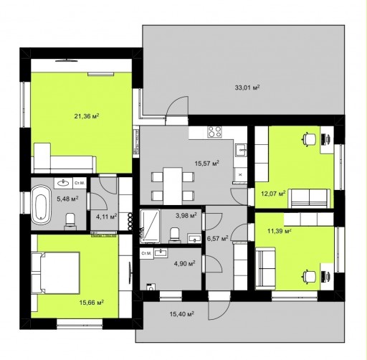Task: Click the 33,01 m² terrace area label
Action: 247,87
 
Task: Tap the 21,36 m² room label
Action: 87,116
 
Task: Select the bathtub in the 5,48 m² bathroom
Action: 41,204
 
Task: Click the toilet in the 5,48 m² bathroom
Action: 70,219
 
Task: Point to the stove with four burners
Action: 214,132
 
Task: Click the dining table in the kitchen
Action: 173,186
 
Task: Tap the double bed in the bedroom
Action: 55,273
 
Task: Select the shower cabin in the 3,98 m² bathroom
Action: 150,226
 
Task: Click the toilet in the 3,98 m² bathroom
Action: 174,234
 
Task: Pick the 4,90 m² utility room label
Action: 184,263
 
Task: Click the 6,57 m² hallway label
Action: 217,238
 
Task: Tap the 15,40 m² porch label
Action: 181,313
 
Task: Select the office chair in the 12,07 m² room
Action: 309,138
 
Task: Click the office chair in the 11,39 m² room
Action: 309,275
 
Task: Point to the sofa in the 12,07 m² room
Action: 310,198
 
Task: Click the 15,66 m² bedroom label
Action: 92,303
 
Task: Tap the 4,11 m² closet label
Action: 106,217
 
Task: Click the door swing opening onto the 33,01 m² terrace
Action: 177,106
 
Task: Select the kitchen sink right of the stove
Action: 241,150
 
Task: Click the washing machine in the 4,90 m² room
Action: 151,287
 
